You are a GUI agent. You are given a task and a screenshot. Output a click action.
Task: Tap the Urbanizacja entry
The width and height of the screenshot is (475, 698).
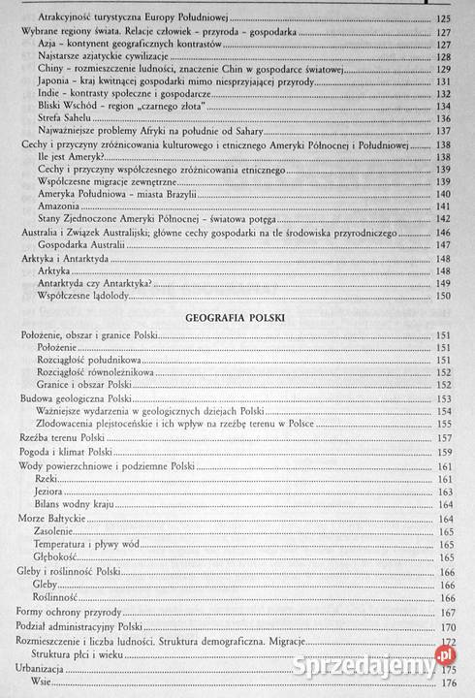point(44,669)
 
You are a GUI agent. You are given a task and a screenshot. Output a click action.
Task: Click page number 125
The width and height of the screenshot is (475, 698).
point(445,17)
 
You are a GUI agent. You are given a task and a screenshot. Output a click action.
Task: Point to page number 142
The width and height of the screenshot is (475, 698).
point(445,220)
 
